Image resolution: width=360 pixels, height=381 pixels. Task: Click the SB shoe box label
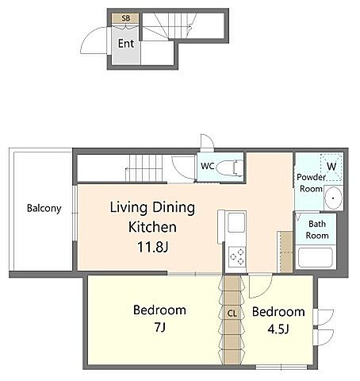tap(126, 18)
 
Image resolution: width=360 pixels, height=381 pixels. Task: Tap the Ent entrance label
tap(126, 44)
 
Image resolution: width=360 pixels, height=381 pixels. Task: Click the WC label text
tap(208, 166)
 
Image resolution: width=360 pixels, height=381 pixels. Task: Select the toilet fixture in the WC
tap(230, 167)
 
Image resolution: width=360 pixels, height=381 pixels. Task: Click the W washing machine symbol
tap(331, 167)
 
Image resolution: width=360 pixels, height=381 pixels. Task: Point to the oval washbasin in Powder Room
tap(333, 198)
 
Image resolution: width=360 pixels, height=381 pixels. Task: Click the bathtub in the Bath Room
tap(316, 258)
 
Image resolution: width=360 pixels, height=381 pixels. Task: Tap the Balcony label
tap(44, 209)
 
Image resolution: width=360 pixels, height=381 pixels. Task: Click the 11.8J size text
tap(153, 247)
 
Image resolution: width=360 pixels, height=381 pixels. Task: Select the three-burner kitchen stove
tap(237, 256)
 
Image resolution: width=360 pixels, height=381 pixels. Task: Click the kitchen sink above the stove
tap(237, 223)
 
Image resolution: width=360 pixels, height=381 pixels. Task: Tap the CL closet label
tap(232, 314)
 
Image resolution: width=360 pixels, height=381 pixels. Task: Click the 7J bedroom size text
tap(159, 328)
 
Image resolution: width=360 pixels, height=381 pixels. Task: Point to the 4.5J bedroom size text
tap(278, 329)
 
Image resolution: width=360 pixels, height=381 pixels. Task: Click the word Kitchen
tap(152, 227)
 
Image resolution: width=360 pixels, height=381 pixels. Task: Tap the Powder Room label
tap(311, 183)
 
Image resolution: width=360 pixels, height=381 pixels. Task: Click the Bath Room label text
tap(317, 229)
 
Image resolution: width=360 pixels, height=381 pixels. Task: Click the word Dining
tap(174, 208)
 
